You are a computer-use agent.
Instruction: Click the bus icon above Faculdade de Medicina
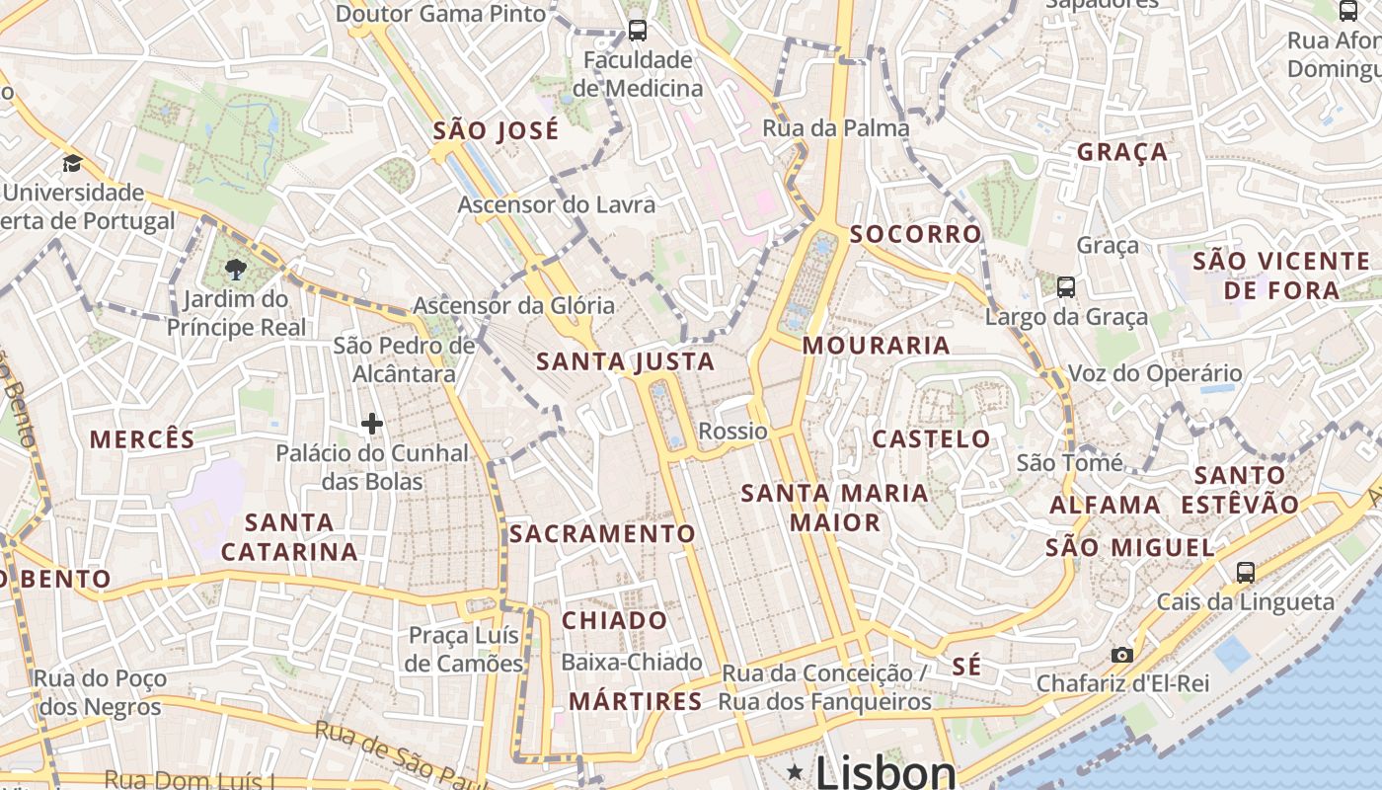(x=638, y=31)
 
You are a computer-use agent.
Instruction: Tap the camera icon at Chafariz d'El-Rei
(x=1121, y=655)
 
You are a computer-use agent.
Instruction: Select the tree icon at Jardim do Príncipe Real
(x=236, y=269)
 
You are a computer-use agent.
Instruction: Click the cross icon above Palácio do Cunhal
(x=372, y=425)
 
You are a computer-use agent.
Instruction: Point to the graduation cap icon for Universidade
(x=72, y=163)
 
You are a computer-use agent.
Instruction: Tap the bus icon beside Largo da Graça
(x=1066, y=287)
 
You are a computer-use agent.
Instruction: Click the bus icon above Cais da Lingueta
(x=1246, y=572)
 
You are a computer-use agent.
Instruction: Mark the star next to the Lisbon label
(x=795, y=771)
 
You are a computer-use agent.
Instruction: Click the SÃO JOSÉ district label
(x=496, y=130)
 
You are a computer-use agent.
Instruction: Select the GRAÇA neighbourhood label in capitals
(x=1122, y=152)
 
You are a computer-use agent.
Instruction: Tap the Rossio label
(x=732, y=432)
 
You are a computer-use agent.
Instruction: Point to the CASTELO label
(x=931, y=438)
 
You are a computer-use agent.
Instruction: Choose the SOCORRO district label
(x=916, y=234)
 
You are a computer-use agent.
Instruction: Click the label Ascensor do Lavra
(x=556, y=205)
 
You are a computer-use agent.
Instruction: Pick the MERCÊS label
(x=142, y=439)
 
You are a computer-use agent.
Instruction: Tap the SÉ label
(x=967, y=667)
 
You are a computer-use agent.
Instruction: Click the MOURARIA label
(x=877, y=346)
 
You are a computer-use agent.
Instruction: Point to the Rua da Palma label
(x=836, y=128)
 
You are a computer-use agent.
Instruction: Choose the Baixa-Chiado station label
(x=632, y=662)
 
